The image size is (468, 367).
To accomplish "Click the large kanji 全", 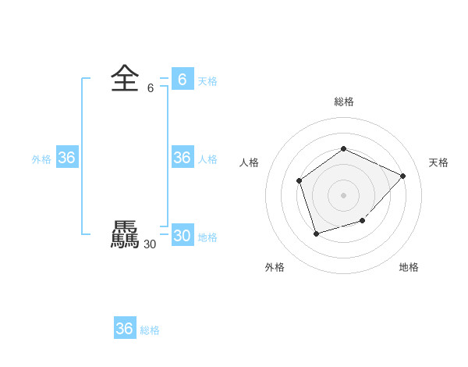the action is [x=125, y=78].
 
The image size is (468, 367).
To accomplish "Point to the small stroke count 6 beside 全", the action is [x=151, y=88].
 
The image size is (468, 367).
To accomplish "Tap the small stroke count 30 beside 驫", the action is [x=150, y=244].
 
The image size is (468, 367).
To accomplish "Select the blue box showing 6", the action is [x=182, y=80].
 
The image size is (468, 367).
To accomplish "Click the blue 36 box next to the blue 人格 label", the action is [x=182, y=158].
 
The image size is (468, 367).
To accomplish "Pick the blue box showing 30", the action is [x=182, y=236].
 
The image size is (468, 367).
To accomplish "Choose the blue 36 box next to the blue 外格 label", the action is [x=66, y=158].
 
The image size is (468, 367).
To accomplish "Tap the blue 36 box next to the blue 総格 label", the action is [x=124, y=329].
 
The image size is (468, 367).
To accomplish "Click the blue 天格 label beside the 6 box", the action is [x=207, y=81].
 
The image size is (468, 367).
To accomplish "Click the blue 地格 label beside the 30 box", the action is [x=207, y=237].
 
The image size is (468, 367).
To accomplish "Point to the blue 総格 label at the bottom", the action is [x=150, y=330].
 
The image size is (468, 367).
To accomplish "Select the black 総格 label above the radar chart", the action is [x=343, y=102].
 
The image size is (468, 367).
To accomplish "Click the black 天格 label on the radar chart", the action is [x=438, y=162].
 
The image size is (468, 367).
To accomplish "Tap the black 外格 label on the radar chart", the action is [x=275, y=267].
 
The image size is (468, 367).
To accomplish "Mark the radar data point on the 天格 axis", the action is [x=402, y=176].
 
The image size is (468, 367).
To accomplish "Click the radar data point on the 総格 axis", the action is [x=343, y=148].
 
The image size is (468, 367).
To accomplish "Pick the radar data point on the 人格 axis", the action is [x=299, y=181].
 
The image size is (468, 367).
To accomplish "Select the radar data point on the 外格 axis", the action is [x=316, y=233].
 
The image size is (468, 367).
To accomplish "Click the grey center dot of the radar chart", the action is [x=343, y=194].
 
